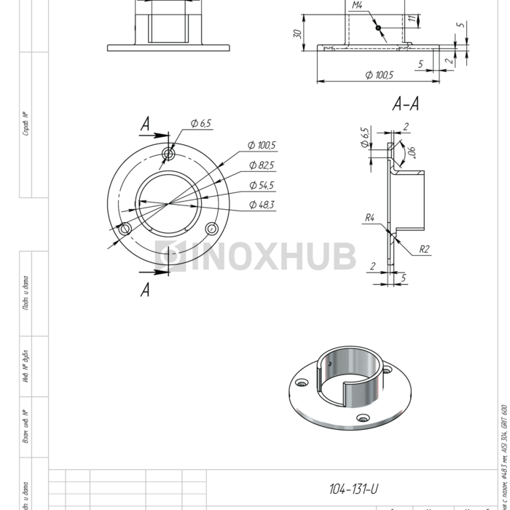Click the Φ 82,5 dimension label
pos(262,165)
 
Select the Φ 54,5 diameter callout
pos(262,185)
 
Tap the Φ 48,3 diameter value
pos(262,205)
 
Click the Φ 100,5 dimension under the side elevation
pos(379,75)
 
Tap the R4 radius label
pos(370,217)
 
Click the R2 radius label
pos(425,249)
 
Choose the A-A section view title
pos(405,104)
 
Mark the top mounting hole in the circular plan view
pos(169,154)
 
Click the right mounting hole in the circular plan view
pos(211,228)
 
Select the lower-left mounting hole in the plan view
pos(125,229)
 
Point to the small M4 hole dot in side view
pos(378,28)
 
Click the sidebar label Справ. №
pos(25,124)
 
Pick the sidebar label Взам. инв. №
pos(25,426)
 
